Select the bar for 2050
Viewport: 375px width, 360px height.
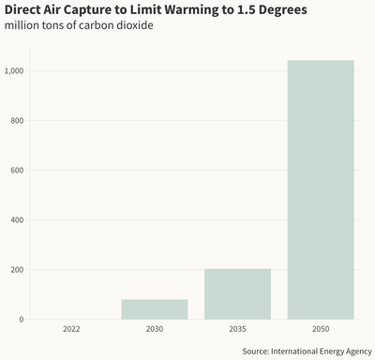[321, 190]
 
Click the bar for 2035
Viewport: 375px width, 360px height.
[237, 294]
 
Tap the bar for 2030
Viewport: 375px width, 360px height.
[155, 309]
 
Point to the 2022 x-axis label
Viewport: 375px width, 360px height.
[71, 330]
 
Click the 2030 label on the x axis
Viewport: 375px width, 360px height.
[155, 330]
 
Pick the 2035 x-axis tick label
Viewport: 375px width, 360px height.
[237, 330]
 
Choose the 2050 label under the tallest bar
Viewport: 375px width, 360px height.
[321, 330]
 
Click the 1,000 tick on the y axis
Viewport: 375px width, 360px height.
[15, 71]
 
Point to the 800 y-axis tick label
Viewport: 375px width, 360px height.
[18, 121]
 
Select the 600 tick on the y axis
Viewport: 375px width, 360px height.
[18, 171]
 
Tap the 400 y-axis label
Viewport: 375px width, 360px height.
[18, 220]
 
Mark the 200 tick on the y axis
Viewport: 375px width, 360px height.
[18, 270]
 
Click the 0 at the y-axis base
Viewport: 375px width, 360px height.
[22, 320]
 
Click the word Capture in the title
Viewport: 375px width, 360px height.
[99, 9]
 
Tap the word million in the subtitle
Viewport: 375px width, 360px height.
[23, 24]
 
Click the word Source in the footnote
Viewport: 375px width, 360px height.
[257, 351]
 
